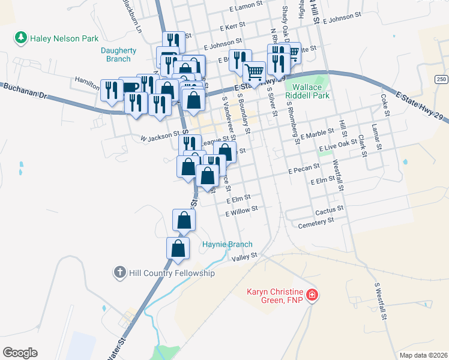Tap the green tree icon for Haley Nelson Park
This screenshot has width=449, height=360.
point(22,38)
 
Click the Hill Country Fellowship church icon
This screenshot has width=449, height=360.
point(119,273)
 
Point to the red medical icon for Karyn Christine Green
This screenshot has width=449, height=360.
point(312,295)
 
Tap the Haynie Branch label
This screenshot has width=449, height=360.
point(227,244)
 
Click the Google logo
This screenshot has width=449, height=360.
point(20,353)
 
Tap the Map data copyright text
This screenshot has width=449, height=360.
point(423,355)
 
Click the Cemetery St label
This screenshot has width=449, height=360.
point(316,221)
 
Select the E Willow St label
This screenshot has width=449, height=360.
point(241,209)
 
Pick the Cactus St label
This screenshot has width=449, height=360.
point(329,209)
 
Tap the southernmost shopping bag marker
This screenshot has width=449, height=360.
point(178,248)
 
